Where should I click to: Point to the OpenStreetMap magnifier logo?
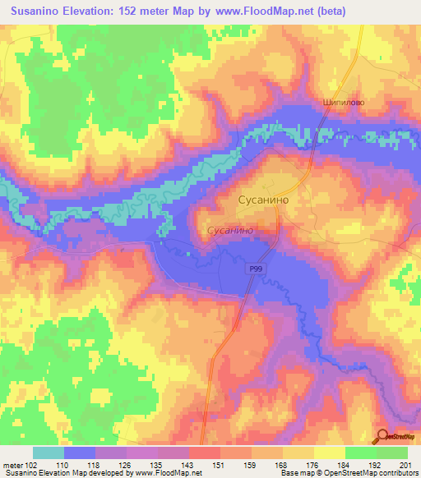click(x=383, y=437)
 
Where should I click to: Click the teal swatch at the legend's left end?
click(x=49, y=453)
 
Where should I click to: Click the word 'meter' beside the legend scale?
click(x=12, y=464)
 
